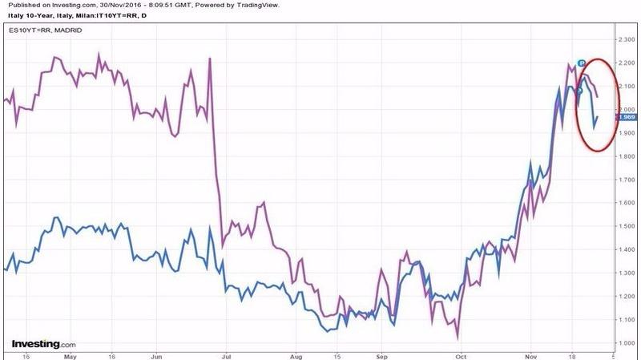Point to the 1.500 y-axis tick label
pyautogui.click(x=626, y=226)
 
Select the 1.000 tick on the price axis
pyautogui.click(x=626, y=343)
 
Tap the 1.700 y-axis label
pyautogui.click(x=626, y=180)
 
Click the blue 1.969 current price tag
pyautogui.click(x=625, y=118)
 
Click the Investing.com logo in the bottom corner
pyautogui.click(x=43, y=343)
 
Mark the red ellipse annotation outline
pyautogui.click(x=579, y=104)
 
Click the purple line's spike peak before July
pyautogui.click(x=209, y=59)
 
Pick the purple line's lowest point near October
pyautogui.click(x=458, y=338)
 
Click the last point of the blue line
pyautogui.click(x=596, y=117)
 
